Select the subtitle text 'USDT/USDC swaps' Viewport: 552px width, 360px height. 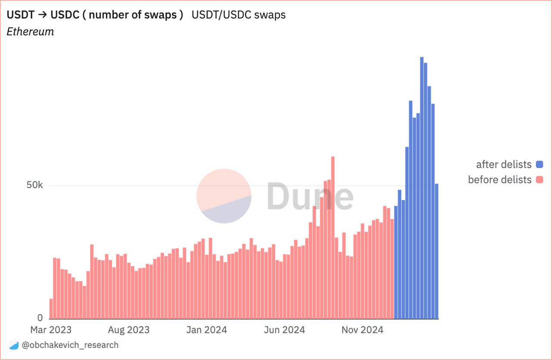coord(238,15)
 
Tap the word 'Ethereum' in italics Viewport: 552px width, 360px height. coord(30,31)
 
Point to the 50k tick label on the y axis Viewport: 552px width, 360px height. coord(34,185)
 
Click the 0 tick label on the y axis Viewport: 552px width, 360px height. coord(40,318)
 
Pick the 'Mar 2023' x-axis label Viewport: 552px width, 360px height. coord(51,330)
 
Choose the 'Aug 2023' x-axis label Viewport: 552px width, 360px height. coord(129,330)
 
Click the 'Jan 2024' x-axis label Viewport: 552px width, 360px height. coord(206,330)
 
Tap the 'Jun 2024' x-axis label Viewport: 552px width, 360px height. coord(284,330)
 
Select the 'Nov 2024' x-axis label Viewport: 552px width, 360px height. coord(362,330)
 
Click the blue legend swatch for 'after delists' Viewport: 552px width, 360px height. coord(539,164)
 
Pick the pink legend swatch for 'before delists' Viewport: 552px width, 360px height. coord(539,179)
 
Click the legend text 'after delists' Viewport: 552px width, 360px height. coord(504,164)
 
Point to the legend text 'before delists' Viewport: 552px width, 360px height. coord(500,179)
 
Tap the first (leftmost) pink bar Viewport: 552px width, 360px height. coord(51,309)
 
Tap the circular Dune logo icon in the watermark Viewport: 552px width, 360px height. coord(224,196)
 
